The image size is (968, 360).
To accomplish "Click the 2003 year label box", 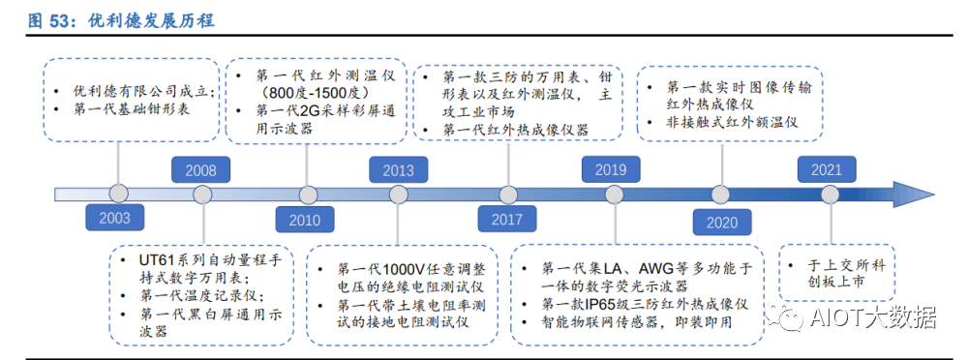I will coord(114,217).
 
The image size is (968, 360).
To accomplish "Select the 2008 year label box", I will coord(200,170).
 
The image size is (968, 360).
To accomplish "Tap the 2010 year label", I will coord(304,220).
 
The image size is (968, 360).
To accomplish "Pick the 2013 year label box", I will coord(398,170).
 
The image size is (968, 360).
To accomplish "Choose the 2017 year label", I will coord(506,218).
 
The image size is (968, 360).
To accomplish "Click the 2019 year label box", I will coord(610,169).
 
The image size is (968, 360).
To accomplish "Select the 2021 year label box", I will coord(827,169).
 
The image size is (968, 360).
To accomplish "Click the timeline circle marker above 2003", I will coord(119,194).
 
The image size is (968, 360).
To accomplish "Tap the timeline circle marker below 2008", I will coord(202,195).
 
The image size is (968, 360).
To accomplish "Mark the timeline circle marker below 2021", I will coord(830,194).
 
